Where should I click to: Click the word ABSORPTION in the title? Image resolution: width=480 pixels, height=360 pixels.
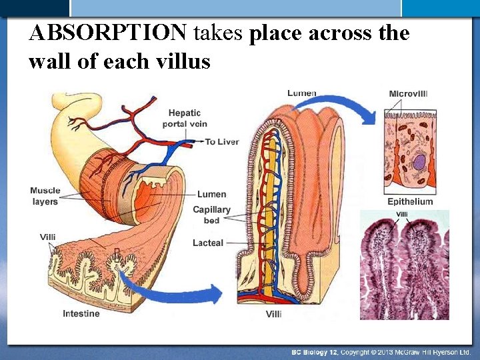pyautogui.click(x=109, y=33)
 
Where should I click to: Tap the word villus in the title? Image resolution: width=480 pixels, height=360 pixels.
pyautogui.click(x=184, y=61)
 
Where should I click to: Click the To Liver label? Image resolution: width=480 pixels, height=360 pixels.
pyautogui.click(x=221, y=142)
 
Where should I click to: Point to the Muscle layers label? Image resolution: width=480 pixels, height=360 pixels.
pyautogui.click(x=45, y=196)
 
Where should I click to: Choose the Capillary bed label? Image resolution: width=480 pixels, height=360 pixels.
pyautogui.click(x=211, y=215)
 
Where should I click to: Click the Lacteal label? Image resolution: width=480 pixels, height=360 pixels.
pyautogui.click(x=207, y=243)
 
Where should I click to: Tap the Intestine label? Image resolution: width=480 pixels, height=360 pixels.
pyautogui.click(x=81, y=313)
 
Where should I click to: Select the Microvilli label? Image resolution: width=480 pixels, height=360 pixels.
pyautogui.click(x=408, y=94)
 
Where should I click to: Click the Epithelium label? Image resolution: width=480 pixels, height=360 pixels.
pyautogui.click(x=410, y=201)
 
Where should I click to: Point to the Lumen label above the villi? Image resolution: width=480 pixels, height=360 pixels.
pyautogui.click(x=301, y=93)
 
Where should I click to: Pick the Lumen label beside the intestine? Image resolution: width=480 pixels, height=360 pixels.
pyautogui.click(x=211, y=195)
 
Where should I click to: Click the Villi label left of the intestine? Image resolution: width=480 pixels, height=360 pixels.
pyautogui.click(x=48, y=237)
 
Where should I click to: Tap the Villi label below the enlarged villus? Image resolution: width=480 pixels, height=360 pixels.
pyautogui.click(x=273, y=314)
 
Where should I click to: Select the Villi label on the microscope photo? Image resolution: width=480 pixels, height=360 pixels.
pyautogui.click(x=402, y=215)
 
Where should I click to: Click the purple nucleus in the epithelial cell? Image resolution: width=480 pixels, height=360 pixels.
pyautogui.click(x=419, y=162)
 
